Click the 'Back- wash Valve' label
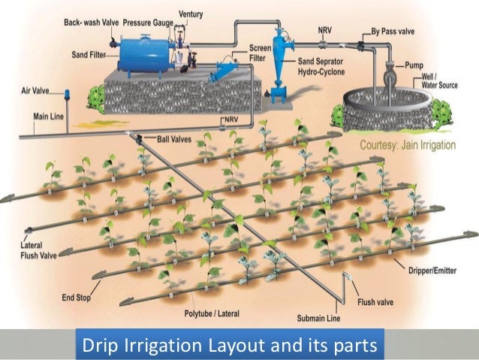click(89, 24)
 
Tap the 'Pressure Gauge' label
click(148, 24)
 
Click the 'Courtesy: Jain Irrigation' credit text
click(408, 144)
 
